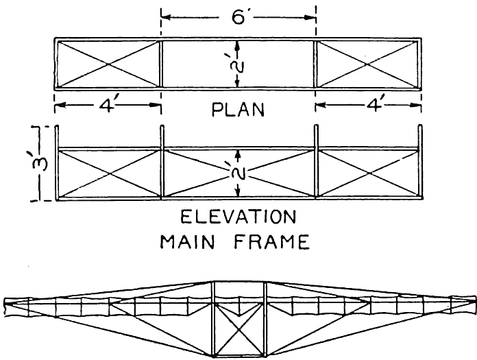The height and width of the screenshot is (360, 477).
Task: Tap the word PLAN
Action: pos(238,110)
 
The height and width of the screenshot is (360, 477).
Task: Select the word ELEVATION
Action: pos(238,219)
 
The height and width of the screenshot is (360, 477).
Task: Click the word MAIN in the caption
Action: pos(196,242)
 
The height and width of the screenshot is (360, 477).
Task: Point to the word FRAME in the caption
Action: pos(273,242)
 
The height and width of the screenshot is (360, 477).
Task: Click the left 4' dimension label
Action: pos(107,108)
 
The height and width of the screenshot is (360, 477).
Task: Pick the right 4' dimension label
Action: pos(370,108)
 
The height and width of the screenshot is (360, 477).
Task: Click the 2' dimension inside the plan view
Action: pos(238,64)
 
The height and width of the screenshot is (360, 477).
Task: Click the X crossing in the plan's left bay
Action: pos(108,64)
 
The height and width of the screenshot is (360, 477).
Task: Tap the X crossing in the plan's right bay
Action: pos(367,64)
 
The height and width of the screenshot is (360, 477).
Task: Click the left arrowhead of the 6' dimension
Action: pos(164,14)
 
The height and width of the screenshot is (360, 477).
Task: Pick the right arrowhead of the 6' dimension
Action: pos(313,14)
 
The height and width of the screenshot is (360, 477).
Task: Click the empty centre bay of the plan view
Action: pos(206,64)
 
